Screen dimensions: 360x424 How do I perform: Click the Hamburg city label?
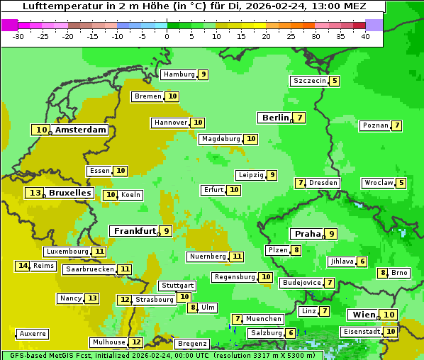point(179,74)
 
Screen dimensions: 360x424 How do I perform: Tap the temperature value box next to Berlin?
point(300,118)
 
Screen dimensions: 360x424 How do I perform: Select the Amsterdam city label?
point(81,130)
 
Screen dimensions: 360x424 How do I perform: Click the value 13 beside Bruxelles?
point(35,193)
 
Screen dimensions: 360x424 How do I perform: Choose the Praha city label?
point(308,234)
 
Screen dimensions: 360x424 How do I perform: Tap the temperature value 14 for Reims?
point(23,266)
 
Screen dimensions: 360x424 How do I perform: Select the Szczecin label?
point(310,81)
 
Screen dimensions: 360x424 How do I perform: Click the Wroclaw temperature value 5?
point(401,183)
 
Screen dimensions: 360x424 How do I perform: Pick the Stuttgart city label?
point(177,286)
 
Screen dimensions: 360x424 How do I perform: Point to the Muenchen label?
point(264,319)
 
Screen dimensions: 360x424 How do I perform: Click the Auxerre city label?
point(33,334)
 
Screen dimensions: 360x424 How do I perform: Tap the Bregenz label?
point(192,344)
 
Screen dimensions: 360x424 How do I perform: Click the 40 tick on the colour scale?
point(365,35)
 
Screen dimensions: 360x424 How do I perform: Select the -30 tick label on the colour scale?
point(18,35)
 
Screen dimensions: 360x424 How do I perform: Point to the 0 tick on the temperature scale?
point(167,35)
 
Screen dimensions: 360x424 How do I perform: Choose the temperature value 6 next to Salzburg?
point(291,333)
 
